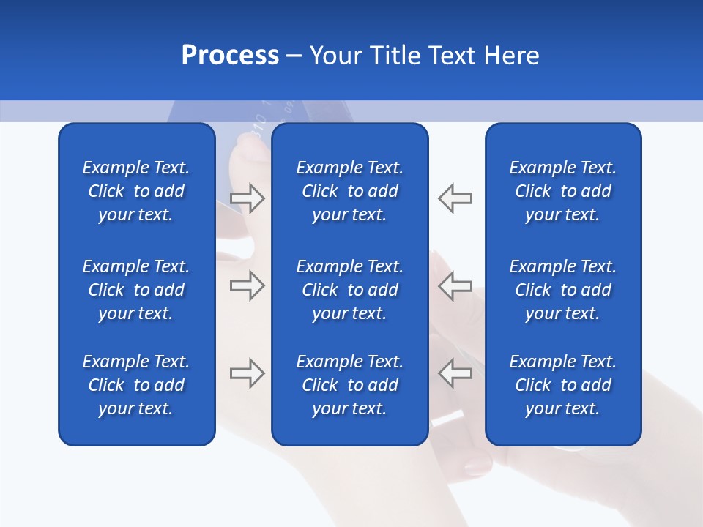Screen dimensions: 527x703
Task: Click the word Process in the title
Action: (230, 56)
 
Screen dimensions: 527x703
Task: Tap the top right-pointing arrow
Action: (247, 198)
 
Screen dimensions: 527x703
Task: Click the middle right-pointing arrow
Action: (247, 285)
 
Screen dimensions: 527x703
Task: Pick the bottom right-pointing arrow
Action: (247, 373)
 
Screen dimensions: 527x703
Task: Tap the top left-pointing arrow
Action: (455, 198)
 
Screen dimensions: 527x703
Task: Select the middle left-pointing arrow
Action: (455, 285)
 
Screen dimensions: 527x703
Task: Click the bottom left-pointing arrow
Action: (455, 373)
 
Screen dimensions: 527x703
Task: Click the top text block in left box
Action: (136, 191)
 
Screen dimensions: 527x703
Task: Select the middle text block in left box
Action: (136, 290)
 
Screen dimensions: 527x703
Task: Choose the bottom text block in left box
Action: (136, 385)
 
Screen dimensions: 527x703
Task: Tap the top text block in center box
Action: (350, 191)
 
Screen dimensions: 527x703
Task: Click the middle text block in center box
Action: (350, 290)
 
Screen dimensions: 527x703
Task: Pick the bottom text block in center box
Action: (350, 385)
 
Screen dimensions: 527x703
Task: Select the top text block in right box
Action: (563, 191)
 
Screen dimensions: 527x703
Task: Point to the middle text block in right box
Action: (563, 290)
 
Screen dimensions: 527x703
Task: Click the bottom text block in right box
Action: (563, 385)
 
